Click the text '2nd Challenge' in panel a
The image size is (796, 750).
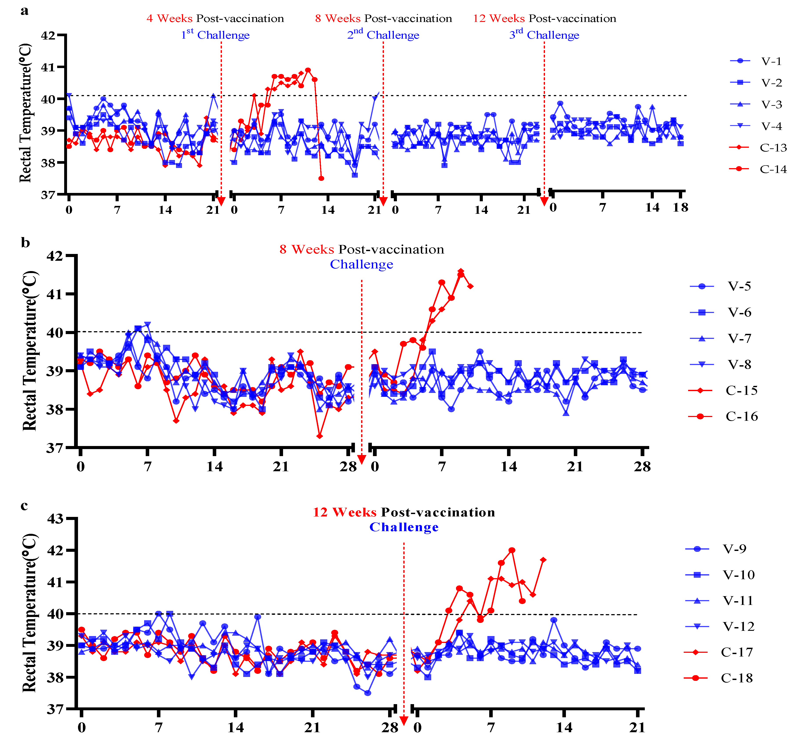pyautogui.click(x=383, y=34)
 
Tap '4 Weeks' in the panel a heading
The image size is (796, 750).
pyautogui.click(x=169, y=18)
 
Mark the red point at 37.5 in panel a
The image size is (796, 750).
pyautogui.click(x=321, y=178)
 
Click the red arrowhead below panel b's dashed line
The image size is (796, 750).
pyautogui.click(x=362, y=460)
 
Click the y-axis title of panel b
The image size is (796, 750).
pyautogui.click(x=30, y=351)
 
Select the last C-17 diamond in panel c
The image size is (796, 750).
pyautogui.click(x=543, y=560)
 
